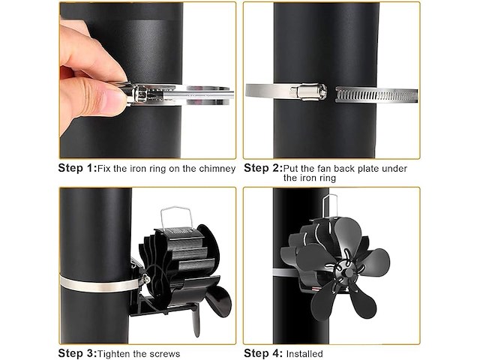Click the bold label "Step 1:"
tap(77, 168)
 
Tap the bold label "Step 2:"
tap(263, 168)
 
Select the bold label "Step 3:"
tap(77, 353)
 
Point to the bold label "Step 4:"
tap(263, 353)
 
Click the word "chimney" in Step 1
tap(217, 169)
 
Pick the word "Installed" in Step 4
tap(304, 354)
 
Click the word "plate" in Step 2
tap(365, 169)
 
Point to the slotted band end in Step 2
tap(376, 94)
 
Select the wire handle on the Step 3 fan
tap(177, 217)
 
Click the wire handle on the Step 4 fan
tap(330, 205)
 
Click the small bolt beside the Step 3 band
tap(147, 278)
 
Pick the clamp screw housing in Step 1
tap(141, 93)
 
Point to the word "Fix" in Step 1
tap(103, 169)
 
